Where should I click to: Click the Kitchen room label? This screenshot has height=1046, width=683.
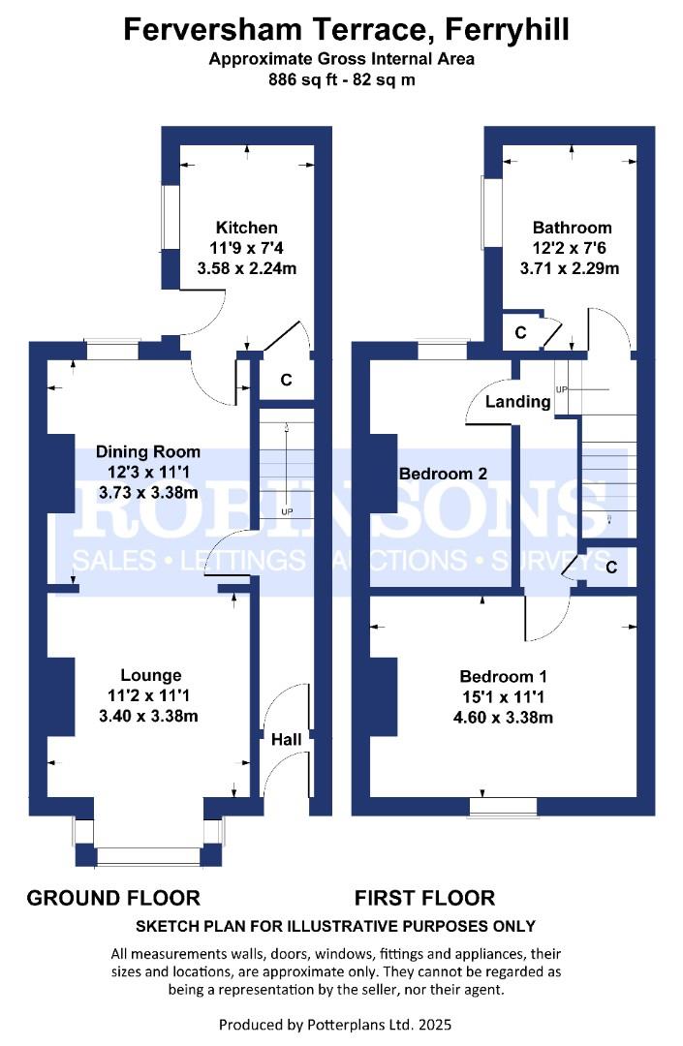(247, 228)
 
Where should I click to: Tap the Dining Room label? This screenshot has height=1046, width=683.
(148, 451)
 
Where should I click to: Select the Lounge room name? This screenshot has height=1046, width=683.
(151, 676)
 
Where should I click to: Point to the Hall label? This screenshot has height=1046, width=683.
(286, 739)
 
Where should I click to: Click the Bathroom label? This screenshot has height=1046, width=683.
(573, 228)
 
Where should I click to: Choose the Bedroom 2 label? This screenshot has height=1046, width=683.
(443, 474)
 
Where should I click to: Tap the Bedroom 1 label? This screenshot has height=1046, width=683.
(504, 676)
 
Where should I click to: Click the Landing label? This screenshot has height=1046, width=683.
(517, 402)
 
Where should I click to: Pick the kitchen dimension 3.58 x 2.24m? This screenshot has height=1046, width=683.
(247, 268)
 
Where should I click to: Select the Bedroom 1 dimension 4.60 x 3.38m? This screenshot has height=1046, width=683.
(503, 717)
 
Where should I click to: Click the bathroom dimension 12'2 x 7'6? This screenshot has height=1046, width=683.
(570, 248)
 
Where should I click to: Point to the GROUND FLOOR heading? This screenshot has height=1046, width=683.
(113, 898)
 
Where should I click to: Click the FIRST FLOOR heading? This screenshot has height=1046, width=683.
(425, 898)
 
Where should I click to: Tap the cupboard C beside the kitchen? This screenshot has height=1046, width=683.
(286, 380)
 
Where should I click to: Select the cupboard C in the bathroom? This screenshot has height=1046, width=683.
(521, 332)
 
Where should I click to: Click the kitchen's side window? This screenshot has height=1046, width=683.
(171, 218)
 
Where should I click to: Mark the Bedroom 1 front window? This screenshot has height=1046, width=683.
(503, 807)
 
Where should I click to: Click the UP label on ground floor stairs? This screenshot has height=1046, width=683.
(287, 512)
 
